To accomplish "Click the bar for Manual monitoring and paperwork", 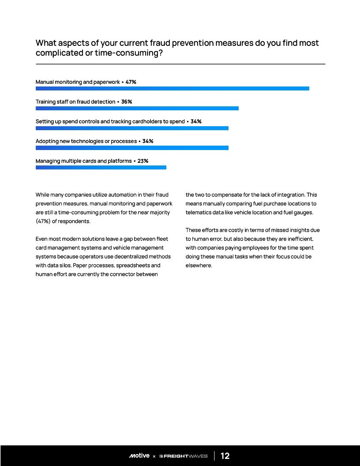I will pos(172,88).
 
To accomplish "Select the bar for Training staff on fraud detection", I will pos(137,108).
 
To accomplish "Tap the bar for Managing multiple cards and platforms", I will pos(101,167).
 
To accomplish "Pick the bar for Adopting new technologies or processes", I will pos(132,148).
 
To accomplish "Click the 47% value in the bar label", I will pos(131,82).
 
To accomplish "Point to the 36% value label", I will pos(127,102).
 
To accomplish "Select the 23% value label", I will pos(143,161).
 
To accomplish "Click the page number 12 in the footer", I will pos(225,456).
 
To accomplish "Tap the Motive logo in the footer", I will pos(139,456).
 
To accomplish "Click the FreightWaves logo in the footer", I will pos(183,456).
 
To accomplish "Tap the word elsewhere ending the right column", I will pos(199,265).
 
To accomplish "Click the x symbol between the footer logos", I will pos(154,456).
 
